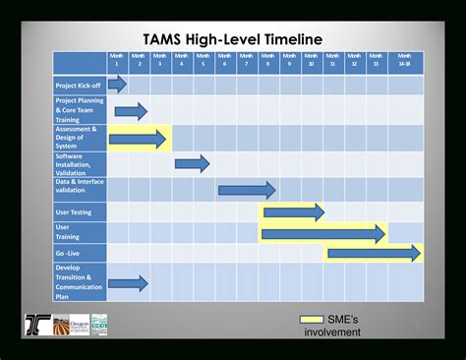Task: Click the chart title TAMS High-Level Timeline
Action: pyautogui.click(x=233, y=37)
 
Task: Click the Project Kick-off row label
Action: pyautogui.click(x=80, y=86)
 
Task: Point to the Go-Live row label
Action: pyautogui.click(x=80, y=253)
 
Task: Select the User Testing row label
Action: pyautogui.click(x=80, y=211)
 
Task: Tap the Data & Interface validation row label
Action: pyautogui.click(x=80, y=187)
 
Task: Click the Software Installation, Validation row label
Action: pyautogui.click(x=80, y=162)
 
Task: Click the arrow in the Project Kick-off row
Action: pyautogui.click(x=118, y=85)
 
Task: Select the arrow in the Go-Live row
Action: pyautogui.click(x=374, y=254)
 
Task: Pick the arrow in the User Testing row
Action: pyautogui.click(x=293, y=211)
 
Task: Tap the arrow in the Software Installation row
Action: pyautogui.click(x=193, y=163)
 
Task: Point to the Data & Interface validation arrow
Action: pyautogui.click(x=246, y=188)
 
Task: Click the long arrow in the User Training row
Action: pyautogui.click(x=322, y=233)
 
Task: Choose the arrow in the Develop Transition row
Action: pyautogui.click(x=129, y=283)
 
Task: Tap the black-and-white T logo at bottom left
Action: pyautogui.click(x=37, y=324)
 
